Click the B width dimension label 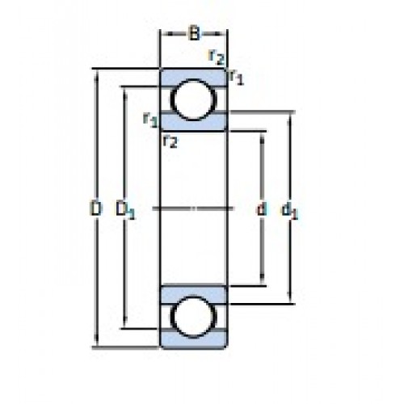(x=194, y=34)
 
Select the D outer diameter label (x=95, y=208)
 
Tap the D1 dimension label (x=124, y=210)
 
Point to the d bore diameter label (x=262, y=208)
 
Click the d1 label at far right (x=290, y=210)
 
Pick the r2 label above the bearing (x=217, y=57)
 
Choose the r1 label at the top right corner (x=236, y=78)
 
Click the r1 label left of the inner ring (x=150, y=120)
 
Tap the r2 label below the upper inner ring (x=170, y=141)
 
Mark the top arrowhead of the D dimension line (x=96, y=75)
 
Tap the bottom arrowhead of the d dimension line (x=262, y=280)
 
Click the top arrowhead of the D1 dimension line (x=124, y=93)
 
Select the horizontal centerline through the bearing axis (x=193, y=208)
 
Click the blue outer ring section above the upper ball (x=193, y=77)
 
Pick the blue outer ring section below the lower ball (x=193, y=340)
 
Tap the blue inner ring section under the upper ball (x=193, y=123)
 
